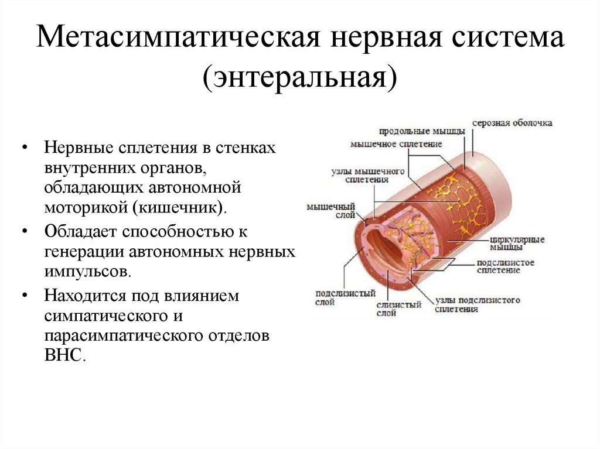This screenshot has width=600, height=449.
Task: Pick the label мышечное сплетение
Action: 396,143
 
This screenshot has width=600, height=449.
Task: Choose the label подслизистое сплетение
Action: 505,266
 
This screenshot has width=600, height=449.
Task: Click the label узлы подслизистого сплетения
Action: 478,304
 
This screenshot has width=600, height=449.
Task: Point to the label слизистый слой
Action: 391,309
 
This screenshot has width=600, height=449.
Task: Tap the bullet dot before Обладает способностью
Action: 25,231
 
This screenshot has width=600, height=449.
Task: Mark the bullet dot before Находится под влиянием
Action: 25,296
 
